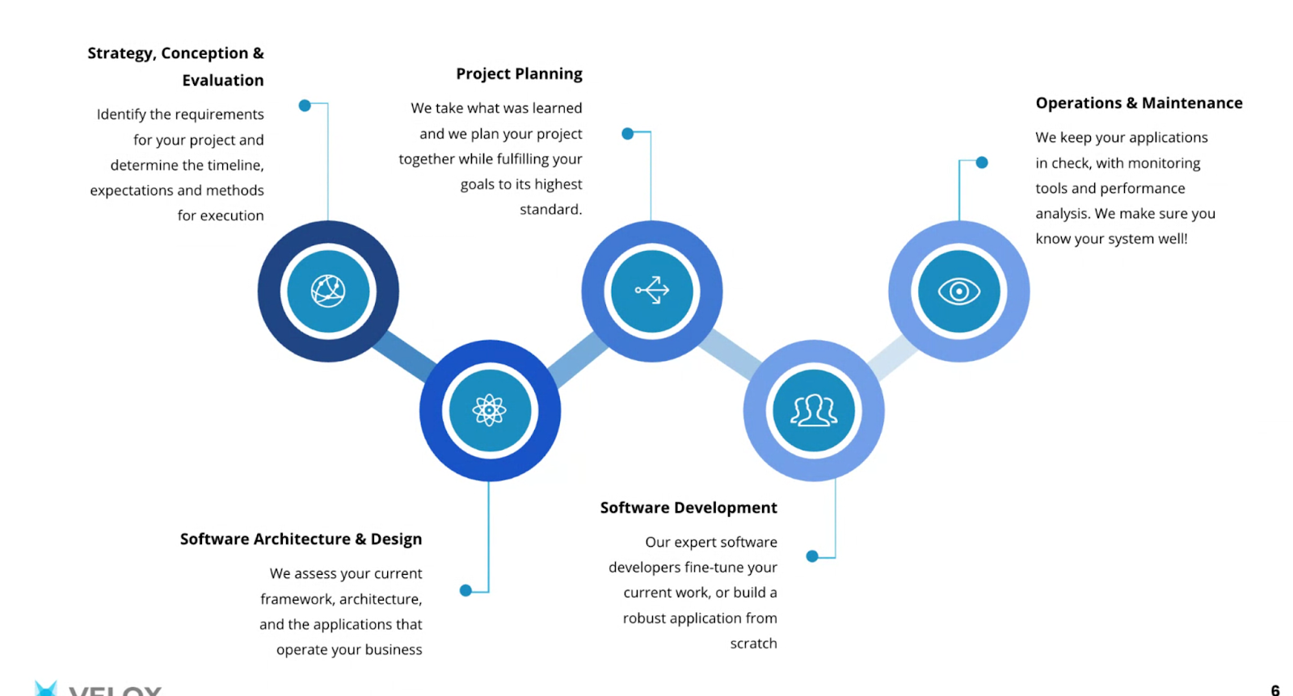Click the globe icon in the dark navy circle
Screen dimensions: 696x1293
coord(328,291)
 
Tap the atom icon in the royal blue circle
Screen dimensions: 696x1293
coord(490,410)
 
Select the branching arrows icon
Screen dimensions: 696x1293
coord(652,290)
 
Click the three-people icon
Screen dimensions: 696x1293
coord(814,410)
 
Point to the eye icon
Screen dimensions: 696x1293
coord(959,291)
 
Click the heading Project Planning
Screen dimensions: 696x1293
coord(519,73)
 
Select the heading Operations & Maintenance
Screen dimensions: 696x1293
coord(1139,103)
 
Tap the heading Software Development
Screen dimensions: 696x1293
coord(689,508)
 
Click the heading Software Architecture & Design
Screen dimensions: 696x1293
coord(301,539)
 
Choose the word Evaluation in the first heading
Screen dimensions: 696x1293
coord(223,80)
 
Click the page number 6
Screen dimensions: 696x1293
coord(1275,690)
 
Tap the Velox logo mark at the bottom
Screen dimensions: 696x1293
coord(46,689)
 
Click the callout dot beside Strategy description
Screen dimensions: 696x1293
coord(305,106)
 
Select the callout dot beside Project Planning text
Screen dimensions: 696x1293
coord(628,133)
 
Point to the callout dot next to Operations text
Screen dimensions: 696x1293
coord(982,162)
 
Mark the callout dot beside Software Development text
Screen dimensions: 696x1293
coord(812,556)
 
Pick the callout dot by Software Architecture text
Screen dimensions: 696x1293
coord(465,590)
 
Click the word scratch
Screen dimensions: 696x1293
coord(753,644)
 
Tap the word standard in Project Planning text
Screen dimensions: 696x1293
coord(550,209)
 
